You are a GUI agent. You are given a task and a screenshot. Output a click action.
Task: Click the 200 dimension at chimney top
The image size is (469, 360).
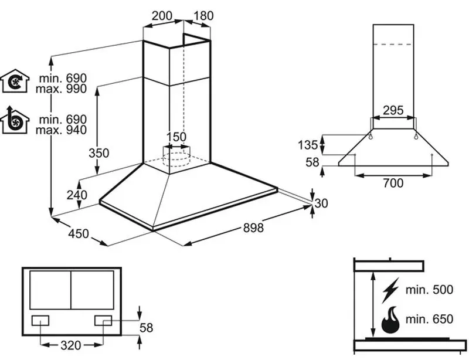[x=161, y=16]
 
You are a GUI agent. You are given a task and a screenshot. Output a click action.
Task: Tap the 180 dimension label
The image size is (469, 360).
[x=203, y=16]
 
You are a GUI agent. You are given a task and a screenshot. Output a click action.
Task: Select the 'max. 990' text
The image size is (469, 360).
[x=60, y=89]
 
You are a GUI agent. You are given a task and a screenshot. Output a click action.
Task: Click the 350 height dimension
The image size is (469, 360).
[x=99, y=153]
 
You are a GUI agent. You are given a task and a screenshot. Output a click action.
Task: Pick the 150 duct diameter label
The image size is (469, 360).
[x=176, y=137]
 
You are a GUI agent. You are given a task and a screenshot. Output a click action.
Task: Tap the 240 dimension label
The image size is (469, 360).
[x=77, y=195]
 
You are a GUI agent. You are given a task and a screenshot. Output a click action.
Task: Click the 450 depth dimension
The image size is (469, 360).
[x=78, y=234]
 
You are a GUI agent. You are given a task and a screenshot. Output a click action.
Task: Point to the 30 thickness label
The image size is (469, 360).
[x=321, y=203]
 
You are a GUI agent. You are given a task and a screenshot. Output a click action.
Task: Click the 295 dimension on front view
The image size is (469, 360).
[x=393, y=110]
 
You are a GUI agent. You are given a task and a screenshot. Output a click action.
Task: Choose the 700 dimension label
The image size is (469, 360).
[x=393, y=184]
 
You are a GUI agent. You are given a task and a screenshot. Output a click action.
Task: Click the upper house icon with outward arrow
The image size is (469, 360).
[x=16, y=82]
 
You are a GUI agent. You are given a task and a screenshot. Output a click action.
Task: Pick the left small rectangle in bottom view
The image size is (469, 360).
[x=40, y=321]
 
